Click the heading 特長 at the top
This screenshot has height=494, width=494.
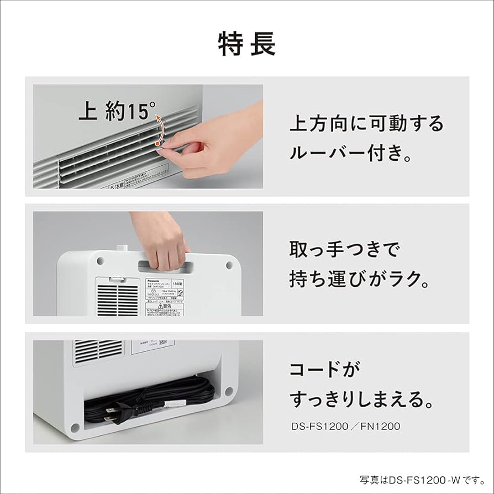[247, 44]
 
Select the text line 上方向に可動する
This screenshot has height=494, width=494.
[366, 123]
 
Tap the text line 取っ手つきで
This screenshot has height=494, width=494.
[344, 250]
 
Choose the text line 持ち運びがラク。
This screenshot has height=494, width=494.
[359, 280]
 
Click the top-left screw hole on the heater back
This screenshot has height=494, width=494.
[100, 259]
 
